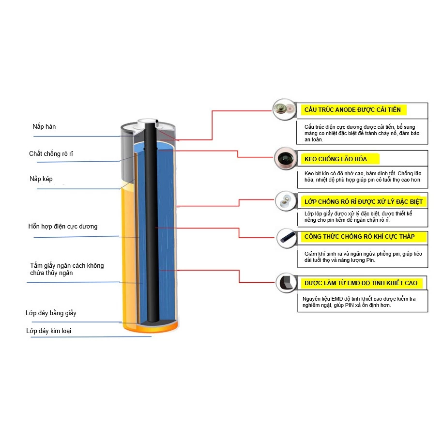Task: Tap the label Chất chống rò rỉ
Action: pos(51,154)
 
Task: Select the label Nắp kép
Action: pos(41,179)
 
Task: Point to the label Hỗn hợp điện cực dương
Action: pos(63,226)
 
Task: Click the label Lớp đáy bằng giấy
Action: pos(51,313)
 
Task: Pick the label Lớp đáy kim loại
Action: pos(51,331)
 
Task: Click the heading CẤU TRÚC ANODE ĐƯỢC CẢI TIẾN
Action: pos(352,110)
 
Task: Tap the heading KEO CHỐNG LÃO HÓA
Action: pos(335,159)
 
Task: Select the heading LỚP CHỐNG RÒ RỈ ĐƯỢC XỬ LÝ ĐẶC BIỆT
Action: pos(363,201)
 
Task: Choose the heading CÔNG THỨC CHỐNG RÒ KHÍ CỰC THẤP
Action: pos(359,237)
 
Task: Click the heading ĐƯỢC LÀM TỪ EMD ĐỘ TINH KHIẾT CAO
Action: pos(361,283)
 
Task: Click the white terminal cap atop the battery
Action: pos(147,122)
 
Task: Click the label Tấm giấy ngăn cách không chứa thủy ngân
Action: pos(67,269)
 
